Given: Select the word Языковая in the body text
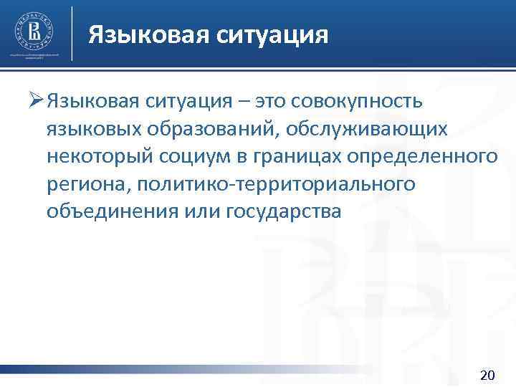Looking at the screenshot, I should tap(91, 102).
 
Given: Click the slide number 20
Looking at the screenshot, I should tap(486, 375).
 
